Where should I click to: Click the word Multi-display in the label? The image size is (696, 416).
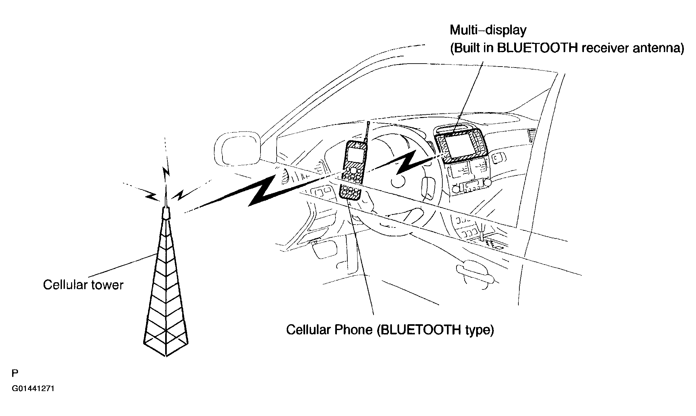(488, 30)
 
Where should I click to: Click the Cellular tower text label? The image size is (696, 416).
(83, 285)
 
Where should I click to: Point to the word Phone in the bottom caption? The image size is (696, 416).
(353, 329)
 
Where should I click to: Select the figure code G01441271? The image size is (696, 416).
(33, 389)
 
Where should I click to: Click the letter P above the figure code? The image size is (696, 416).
(15, 373)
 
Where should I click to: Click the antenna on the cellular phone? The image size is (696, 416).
(367, 131)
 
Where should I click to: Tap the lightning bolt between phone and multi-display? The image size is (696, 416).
(406, 162)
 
